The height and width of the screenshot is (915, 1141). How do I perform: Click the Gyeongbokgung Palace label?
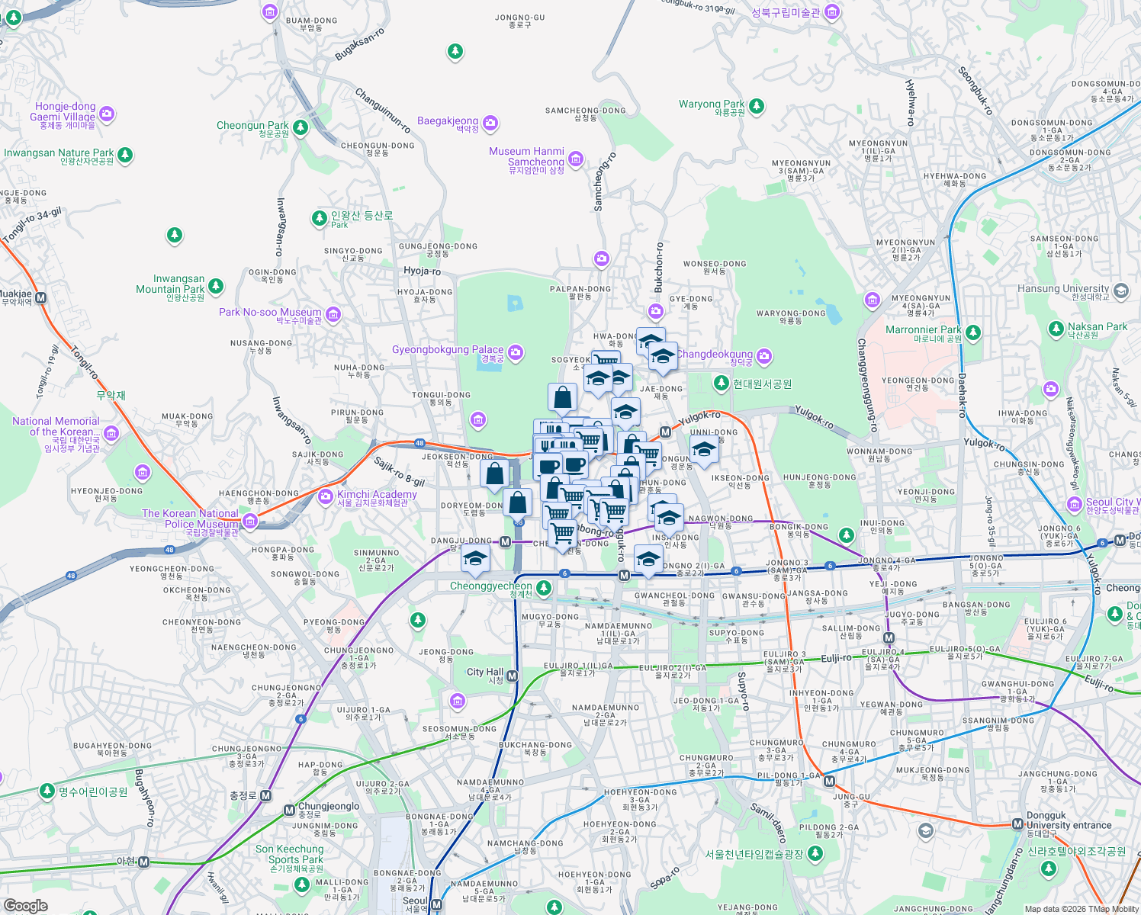(x=448, y=350)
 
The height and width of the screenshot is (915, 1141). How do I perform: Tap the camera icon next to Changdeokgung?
(x=764, y=356)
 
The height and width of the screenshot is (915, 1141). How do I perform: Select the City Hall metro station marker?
(x=513, y=676)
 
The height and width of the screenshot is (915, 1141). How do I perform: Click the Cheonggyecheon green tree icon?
(x=543, y=588)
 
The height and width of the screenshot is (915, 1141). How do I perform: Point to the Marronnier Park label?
(x=923, y=330)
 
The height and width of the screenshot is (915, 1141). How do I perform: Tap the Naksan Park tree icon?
(x=1056, y=329)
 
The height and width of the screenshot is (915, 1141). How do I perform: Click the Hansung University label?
(x=1063, y=289)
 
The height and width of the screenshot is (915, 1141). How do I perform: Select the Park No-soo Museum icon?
(x=333, y=314)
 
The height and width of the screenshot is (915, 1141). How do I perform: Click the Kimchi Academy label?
(x=377, y=495)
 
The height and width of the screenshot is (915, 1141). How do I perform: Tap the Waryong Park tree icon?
(x=756, y=106)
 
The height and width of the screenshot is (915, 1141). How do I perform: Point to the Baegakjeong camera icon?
(x=490, y=123)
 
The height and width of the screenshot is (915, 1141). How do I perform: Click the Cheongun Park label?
(x=252, y=126)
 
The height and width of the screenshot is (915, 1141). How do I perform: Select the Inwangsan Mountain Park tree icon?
(x=216, y=287)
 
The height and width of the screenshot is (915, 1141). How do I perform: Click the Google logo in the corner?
(x=26, y=905)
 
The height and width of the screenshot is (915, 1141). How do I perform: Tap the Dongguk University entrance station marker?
(x=1017, y=824)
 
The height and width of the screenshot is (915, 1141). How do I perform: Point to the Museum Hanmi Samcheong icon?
(x=576, y=159)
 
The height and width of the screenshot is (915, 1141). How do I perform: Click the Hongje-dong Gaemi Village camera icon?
(x=107, y=114)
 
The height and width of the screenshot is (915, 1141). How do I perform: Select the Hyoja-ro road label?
(x=422, y=271)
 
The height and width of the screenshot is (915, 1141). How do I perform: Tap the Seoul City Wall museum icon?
(x=1075, y=504)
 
